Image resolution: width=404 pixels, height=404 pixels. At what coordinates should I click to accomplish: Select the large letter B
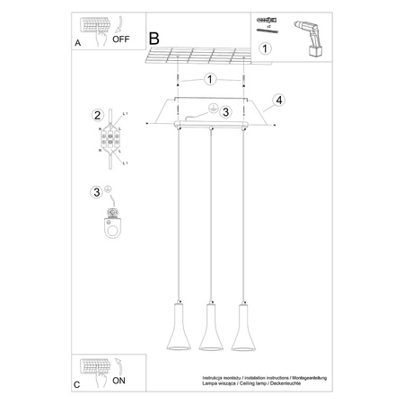pos(154,39)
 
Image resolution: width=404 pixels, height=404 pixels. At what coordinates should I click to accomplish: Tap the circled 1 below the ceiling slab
pos(210,79)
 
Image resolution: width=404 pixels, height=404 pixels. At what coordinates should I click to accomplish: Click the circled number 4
pos(279,100)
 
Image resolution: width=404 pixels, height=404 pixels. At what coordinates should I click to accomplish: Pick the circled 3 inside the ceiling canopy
pos(226,112)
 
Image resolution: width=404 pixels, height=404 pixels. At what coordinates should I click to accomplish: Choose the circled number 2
pos(96,115)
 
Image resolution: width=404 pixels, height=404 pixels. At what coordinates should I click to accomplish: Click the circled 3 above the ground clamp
pos(96,191)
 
